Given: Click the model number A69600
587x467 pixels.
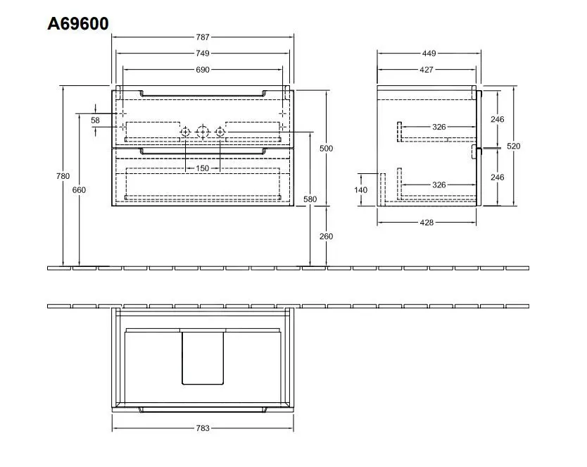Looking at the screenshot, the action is pos(78,24).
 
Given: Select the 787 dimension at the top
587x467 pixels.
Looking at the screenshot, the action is pos(203,36).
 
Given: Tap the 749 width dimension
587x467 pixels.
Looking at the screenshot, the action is pos(203,53).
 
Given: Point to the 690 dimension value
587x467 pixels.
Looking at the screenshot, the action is pos(203,70).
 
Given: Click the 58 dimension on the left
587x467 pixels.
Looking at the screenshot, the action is pos(96,120).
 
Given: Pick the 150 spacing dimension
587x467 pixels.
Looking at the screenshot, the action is pos(203,168).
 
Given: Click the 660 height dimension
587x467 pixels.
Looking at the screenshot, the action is pos(79,190).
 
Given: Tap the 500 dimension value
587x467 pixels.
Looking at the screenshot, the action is pos(326,149).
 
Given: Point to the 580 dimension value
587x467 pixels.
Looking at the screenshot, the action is pos(310,199).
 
